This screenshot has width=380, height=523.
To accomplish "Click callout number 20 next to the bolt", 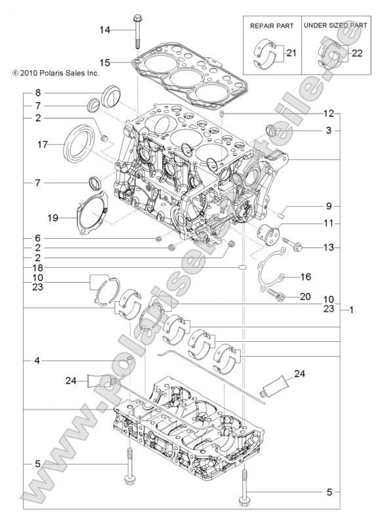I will coord(305,297).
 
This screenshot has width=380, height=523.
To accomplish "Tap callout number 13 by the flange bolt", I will coord(328,247).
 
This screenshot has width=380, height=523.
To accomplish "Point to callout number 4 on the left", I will coord(38,360).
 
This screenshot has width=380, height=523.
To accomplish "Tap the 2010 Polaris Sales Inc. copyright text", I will coord(51,74).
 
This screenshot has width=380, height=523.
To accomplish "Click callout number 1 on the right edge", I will coord(352,308).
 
